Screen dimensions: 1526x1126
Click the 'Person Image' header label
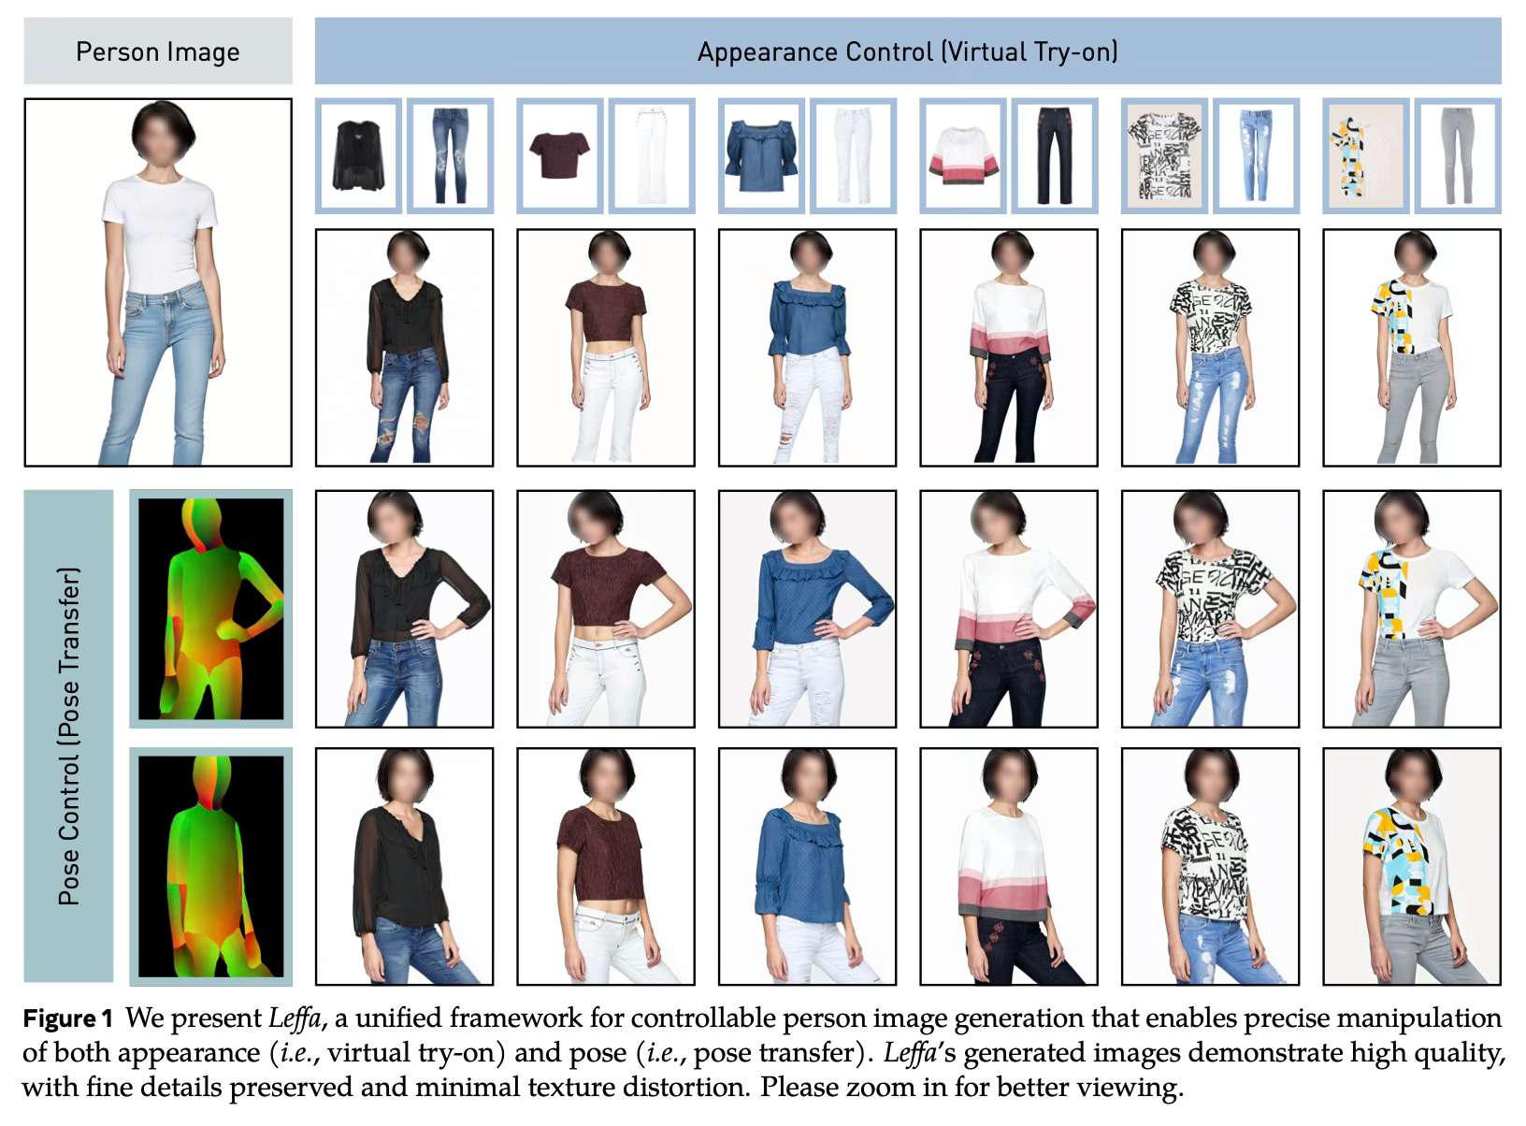click(157, 52)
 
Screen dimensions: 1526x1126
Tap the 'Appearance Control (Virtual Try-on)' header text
click(908, 52)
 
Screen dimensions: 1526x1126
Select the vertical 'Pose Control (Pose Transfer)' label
click(69, 736)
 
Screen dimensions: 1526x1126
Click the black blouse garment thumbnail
click(358, 155)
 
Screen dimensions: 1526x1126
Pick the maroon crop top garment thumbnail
click(559, 155)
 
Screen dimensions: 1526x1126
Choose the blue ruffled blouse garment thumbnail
click(761, 156)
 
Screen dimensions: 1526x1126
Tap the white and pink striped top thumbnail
click(963, 156)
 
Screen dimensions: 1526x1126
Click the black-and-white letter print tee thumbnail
click(1164, 156)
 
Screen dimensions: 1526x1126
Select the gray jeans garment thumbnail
click(1458, 155)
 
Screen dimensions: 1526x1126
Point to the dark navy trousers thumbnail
click(1055, 155)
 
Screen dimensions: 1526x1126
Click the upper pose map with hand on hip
click(210, 609)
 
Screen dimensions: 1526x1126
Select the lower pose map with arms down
click(210, 866)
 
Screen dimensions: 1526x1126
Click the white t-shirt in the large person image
click(160, 234)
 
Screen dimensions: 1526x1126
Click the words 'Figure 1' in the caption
click(67, 1018)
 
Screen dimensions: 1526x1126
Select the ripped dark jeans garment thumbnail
click(450, 155)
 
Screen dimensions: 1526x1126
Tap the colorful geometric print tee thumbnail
click(1366, 156)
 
